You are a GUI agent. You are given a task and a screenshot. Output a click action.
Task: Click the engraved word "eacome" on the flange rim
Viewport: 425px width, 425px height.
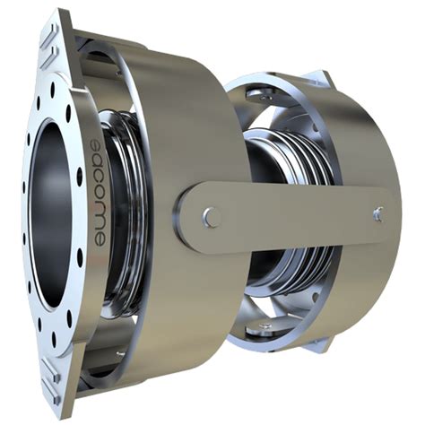[x=97, y=193]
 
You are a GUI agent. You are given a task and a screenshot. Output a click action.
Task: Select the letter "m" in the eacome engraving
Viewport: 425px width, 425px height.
[x=99, y=221]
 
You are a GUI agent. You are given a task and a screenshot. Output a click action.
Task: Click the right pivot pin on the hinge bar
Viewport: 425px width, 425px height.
[x=377, y=214]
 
